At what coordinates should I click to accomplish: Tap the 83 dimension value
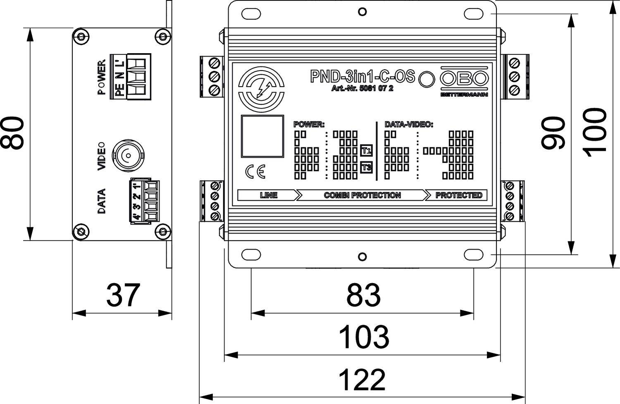point(363,295)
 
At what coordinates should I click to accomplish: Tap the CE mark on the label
point(255,172)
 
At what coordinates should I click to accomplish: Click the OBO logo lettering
point(464,78)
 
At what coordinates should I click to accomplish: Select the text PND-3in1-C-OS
point(362,76)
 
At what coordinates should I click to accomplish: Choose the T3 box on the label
point(366,168)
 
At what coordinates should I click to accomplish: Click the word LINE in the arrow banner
point(268,195)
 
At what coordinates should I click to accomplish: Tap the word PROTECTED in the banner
point(459,195)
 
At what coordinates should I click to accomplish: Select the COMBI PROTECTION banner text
point(362,195)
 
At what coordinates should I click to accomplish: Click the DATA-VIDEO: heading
point(408,124)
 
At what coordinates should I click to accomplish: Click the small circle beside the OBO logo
point(427,78)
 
